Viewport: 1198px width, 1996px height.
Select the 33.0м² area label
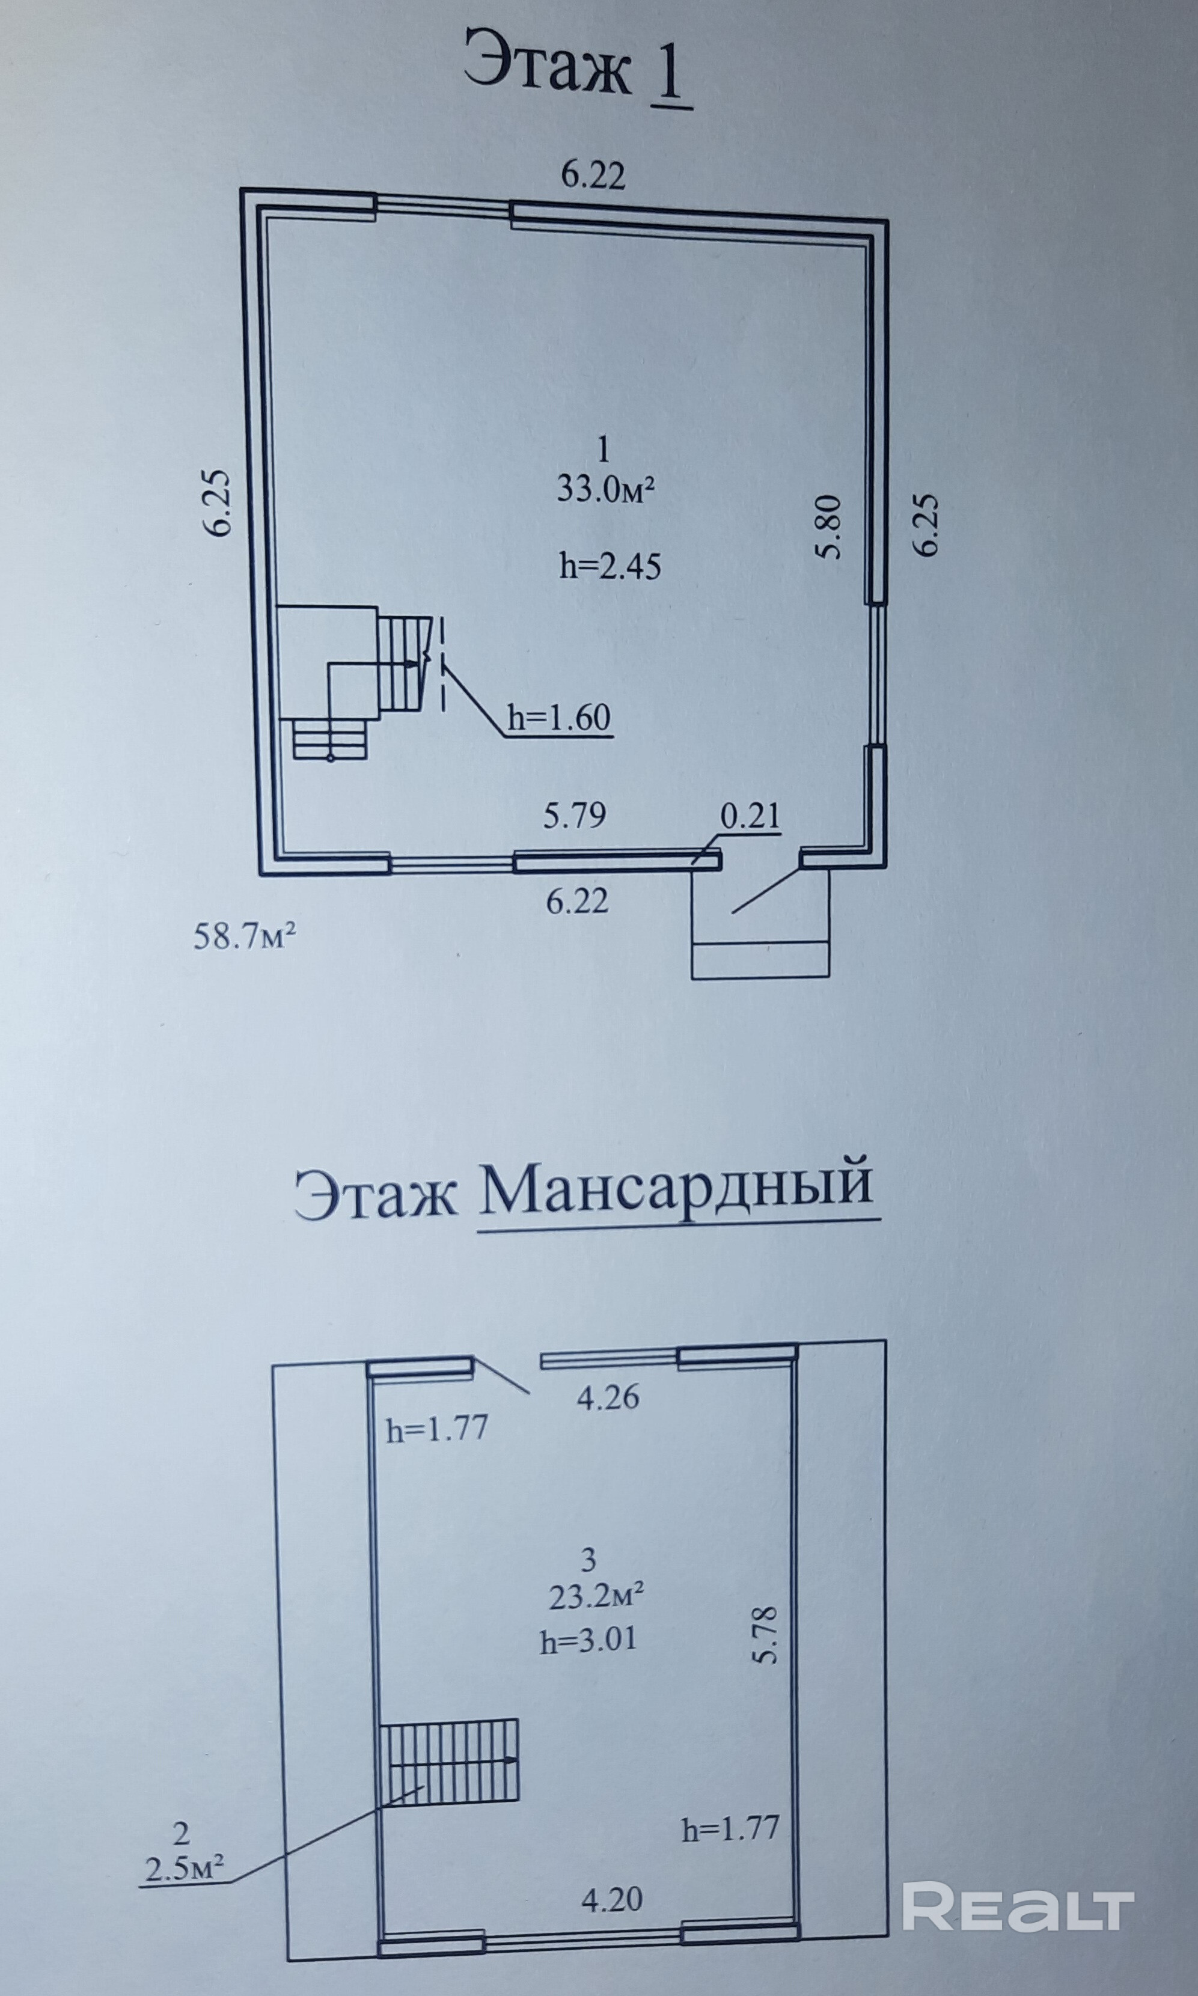[605, 489]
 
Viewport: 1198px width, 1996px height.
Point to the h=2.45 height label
[610, 567]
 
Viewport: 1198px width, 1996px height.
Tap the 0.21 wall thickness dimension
[750, 817]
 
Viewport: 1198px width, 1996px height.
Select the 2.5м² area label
[184, 1845]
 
